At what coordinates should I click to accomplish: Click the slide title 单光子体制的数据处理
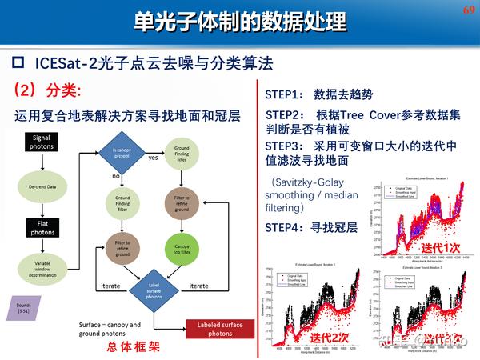240,21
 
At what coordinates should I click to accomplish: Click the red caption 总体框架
132,349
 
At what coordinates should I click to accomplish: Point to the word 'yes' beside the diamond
153,158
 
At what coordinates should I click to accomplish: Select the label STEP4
284,227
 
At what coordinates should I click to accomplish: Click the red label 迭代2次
330,337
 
